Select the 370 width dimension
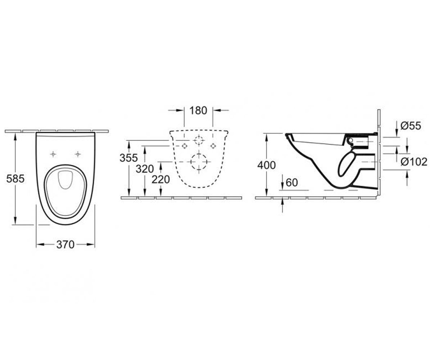pyautogui.click(x=66, y=245)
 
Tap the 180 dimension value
pyautogui.click(x=198, y=111)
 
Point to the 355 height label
pyautogui.click(x=129, y=158)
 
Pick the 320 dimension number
pyautogui.click(x=145, y=169)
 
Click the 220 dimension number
pyautogui.click(x=161, y=179)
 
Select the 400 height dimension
pyautogui.click(x=266, y=165)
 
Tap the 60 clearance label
pyautogui.click(x=292, y=183)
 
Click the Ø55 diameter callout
pyautogui.click(x=411, y=126)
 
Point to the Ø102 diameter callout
pyautogui.click(x=414, y=162)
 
